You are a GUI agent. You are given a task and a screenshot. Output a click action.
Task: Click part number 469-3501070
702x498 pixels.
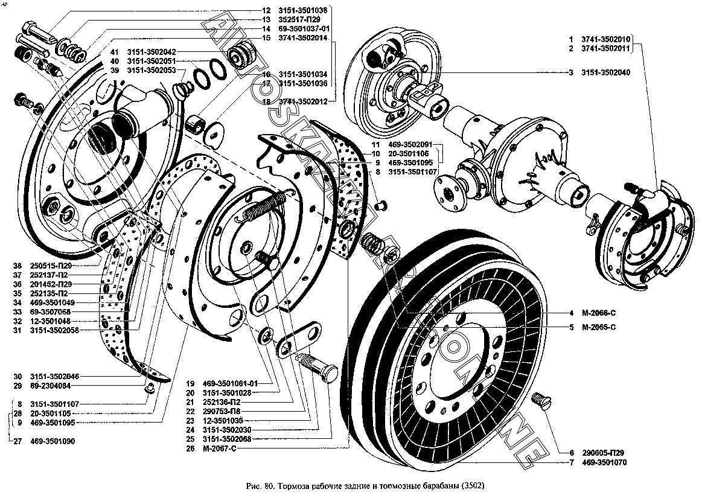coord(605,464)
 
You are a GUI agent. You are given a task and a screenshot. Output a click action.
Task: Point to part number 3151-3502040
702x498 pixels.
coord(605,72)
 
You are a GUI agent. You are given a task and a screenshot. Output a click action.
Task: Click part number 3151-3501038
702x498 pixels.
coord(302,10)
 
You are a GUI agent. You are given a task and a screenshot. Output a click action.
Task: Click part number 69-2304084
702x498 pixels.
coord(53,385)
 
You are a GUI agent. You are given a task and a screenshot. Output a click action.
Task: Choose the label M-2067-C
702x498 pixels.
coord(212,448)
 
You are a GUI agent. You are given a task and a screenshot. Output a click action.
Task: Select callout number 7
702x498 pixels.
coord(570,464)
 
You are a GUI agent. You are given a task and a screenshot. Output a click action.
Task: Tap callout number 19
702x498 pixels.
coord(190,383)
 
